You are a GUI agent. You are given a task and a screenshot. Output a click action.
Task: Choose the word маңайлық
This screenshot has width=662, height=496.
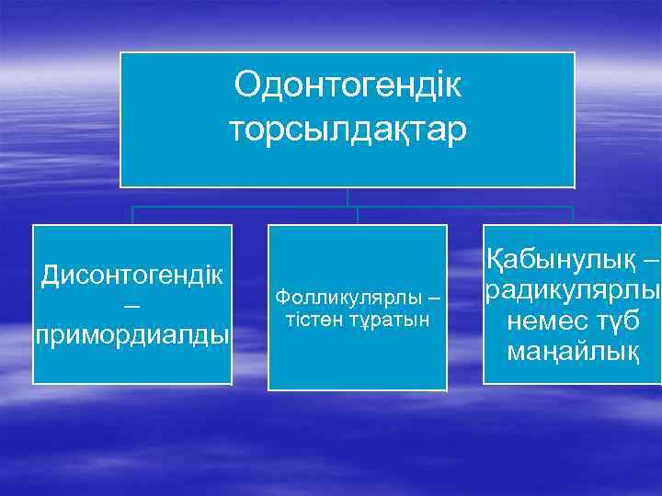click(x=572, y=352)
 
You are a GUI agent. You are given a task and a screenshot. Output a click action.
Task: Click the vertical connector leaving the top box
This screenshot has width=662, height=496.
click(x=348, y=197)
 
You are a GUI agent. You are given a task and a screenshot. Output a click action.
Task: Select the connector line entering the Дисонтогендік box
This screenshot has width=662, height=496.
click(x=132, y=215)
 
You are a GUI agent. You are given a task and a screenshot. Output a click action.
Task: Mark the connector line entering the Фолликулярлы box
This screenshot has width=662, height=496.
click(x=358, y=215)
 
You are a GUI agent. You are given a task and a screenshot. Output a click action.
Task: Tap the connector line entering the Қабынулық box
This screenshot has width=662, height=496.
click(x=572, y=215)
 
